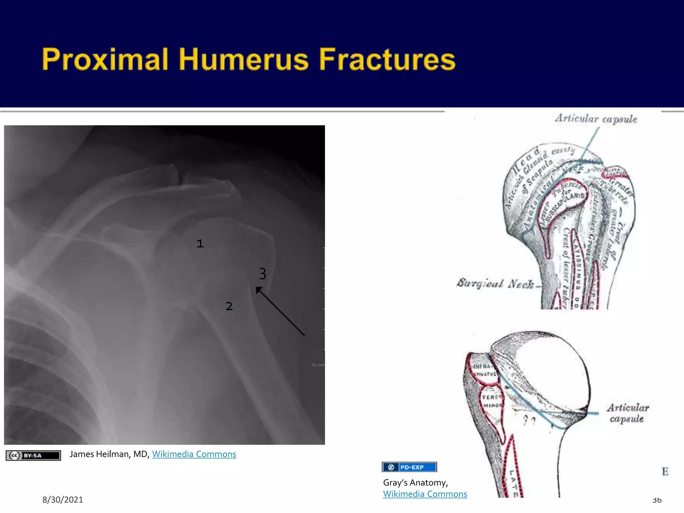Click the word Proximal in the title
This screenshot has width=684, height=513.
[x=105, y=59]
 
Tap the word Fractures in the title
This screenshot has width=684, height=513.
[x=387, y=59]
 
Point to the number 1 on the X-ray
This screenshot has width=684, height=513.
[x=200, y=243]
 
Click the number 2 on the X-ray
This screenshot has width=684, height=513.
[x=229, y=306]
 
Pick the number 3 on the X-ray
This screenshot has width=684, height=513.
[x=263, y=274]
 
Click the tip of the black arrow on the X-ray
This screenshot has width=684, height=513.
[x=256, y=288]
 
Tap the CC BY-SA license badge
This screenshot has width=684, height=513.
[x=33, y=455]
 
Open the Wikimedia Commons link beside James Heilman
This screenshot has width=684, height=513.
[x=194, y=454]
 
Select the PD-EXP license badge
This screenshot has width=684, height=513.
[x=409, y=467]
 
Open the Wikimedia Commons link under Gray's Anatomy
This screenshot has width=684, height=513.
[x=425, y=494]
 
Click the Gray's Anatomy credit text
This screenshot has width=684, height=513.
[x=415, y=483]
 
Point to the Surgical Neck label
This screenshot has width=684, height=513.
[x=495, y=283]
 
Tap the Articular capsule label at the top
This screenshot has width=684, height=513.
[x=596, y=119]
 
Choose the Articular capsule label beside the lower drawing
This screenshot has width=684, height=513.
[x=628, y=413]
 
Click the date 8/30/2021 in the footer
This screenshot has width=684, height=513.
[x=62, y=500]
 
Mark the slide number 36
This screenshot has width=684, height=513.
[x=657, y=500]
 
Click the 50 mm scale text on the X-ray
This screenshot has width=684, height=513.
[x=318, y=365]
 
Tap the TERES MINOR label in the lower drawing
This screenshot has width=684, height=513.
[x=491, y=401]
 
